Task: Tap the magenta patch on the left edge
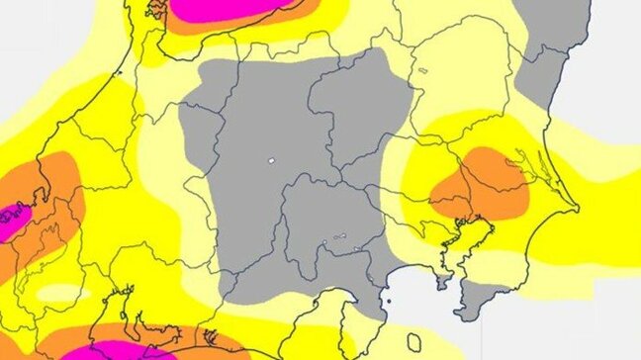(x=12, y=218)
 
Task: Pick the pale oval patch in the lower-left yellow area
(x=63, y=294)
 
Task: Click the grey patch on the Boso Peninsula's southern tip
(x=485, y=297)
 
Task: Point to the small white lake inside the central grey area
(x=270, y=160)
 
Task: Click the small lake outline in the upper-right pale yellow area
(x=423, y=70)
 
